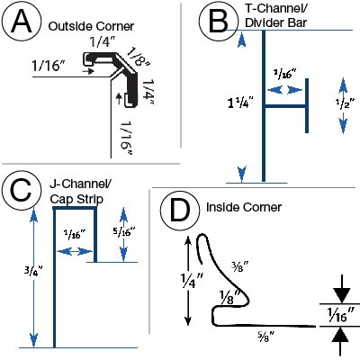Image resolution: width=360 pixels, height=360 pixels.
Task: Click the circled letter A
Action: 21,22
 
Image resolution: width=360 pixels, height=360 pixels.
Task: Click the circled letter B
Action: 218,22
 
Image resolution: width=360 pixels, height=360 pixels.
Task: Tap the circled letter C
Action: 21,191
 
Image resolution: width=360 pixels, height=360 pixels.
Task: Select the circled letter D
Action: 180,210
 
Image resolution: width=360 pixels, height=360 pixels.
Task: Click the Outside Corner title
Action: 91,26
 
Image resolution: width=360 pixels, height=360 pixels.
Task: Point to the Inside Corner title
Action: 244,207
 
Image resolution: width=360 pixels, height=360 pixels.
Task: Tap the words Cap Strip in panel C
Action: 76,199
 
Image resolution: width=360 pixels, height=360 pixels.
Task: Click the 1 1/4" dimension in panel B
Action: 240,103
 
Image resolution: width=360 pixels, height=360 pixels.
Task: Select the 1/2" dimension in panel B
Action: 345,103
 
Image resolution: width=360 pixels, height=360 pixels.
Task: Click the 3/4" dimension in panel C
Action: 33,272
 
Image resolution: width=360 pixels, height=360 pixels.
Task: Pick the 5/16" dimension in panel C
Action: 124,231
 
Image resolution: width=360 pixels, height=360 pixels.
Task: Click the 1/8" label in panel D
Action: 229,298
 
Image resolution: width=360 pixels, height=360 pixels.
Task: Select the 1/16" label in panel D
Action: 340,314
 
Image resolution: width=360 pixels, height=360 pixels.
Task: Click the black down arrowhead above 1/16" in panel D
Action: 341,295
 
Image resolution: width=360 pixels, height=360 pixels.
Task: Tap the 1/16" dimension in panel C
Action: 75,234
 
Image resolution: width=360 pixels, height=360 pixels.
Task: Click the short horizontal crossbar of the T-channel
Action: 285,106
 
